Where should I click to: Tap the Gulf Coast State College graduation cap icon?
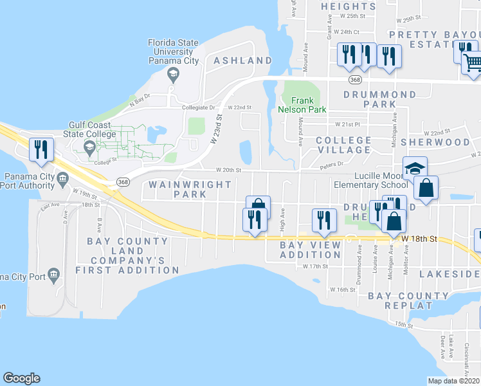click(89, 147)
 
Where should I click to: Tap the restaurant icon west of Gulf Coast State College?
click(41, 149)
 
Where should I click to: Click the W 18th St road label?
click(419, 239)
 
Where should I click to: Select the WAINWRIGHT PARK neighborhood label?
click(190, 189)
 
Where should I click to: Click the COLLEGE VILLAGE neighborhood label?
click(344, 145)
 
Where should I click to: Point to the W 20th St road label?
click(228, 170)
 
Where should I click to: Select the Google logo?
click(21, 378)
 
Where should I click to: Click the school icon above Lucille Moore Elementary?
click(415, 169)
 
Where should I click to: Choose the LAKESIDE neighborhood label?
click(449, 274)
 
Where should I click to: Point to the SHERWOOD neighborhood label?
click(435, 142)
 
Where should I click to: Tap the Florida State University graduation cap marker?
click(172, 75)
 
